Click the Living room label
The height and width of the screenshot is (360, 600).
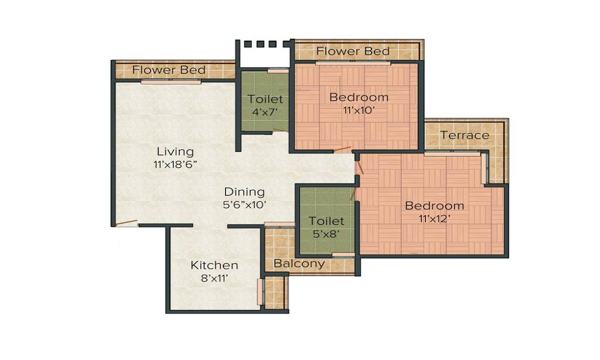tap(175, 151)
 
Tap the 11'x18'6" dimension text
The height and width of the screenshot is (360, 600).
tap(175, 163)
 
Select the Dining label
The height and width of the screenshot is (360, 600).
tap(244, 192)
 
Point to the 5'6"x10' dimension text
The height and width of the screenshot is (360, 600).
tap(244, 205)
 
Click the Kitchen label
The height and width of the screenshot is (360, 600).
tap(214, 265)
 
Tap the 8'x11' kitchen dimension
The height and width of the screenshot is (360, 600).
tap(214, 278)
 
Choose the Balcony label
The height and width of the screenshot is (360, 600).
tap(299, 263)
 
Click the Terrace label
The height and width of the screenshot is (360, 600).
tap(464, 135)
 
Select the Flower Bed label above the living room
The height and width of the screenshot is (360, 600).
tap(169, 70)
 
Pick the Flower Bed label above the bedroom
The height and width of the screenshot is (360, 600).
tap(353, 51)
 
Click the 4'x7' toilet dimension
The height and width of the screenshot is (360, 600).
tap(265, 112)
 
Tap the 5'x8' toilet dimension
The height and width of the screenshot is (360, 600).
tap(326, 234)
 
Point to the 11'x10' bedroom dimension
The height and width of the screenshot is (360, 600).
tap(359, 110)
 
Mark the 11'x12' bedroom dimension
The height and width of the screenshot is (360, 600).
tap(434, 218)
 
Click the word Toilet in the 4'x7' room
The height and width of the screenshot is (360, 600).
tap(265, 100)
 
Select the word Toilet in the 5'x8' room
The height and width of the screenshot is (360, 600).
tap(326, 222)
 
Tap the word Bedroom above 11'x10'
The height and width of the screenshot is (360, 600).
tap(359, 97)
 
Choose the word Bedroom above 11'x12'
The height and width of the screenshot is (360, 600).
tap(434, 206)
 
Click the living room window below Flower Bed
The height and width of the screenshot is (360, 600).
tap(171, 82)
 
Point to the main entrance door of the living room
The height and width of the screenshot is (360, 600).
tap(126, 223)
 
